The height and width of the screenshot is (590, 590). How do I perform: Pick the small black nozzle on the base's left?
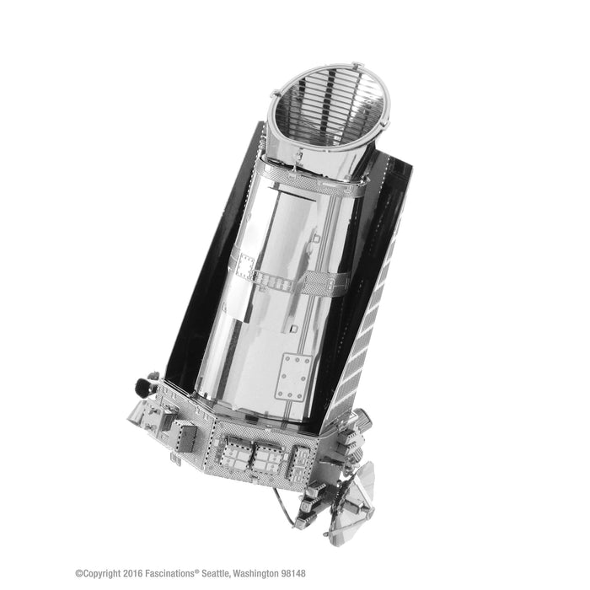(142, 387)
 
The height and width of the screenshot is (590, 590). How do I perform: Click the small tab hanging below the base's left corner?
(174, 459)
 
